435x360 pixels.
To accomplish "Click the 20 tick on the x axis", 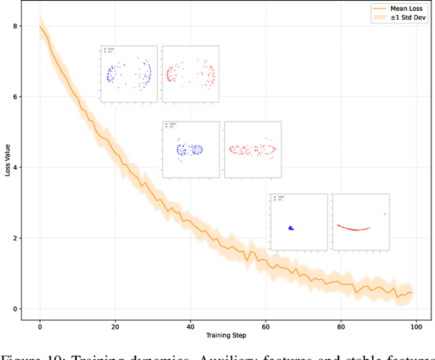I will (x=115, y=325).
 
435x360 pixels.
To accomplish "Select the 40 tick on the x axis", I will (x=190, y=325).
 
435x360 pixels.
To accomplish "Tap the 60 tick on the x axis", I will (x=265, y=325).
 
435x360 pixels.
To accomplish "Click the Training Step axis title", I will (x=227, y=335).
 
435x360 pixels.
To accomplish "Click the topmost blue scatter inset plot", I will (x=128, y=75).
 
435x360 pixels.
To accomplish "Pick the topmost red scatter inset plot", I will (x=190, y=75).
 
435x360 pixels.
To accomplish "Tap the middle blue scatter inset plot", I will (x=191, y=149).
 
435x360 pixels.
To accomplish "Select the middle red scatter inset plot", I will (x=252, y=149).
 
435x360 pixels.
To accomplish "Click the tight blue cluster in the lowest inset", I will (x=290, y=228).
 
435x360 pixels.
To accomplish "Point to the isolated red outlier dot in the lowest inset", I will (x=385, y=215).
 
